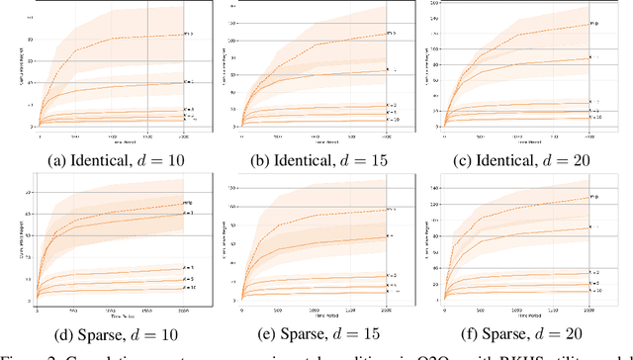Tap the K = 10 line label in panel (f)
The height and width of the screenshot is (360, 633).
coord(594,291)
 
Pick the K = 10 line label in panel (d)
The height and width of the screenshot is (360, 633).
coord(189,288)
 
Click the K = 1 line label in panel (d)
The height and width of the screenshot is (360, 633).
coord(189,213)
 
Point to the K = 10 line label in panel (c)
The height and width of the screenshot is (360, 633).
coord(594,115)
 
